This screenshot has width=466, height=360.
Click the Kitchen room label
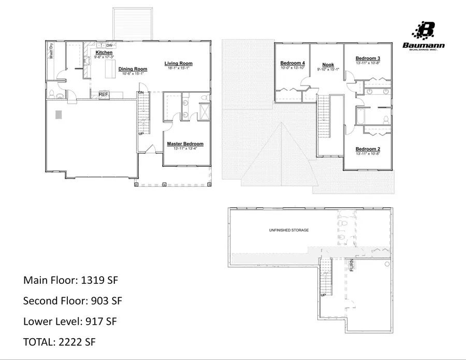coord(104,53)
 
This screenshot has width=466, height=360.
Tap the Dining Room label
coord(133,69)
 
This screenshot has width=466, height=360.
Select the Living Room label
coord(179,63)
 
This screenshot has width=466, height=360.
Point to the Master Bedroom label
coord(185,143)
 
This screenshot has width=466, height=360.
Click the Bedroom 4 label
coord(293,63)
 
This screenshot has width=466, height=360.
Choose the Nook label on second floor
coord(328,65)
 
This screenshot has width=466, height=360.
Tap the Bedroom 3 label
coord(368,58)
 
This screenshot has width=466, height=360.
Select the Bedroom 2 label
coord(368,149)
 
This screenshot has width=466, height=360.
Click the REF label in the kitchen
coord(104,94)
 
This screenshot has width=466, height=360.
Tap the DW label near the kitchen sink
coord(109,46)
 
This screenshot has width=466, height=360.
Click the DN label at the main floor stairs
coord(140,93)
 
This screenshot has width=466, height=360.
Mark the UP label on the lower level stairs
coord(323,295)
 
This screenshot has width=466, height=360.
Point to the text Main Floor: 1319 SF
coord(71,280)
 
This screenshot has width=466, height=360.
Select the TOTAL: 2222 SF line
coord(60,342)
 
